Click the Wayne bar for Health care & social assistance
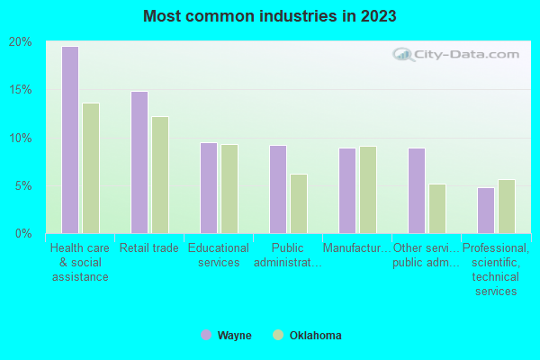[x=69, y=139]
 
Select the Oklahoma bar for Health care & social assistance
[x=91, y=168]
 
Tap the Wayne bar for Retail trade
[x=139, y=162]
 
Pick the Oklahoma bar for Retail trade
[x=160, y=175]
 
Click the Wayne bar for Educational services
[x=208, y=188]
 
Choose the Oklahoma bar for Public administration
[x=299, y=203]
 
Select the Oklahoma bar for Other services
[x=437, y=209]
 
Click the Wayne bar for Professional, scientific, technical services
[x=485, y=211]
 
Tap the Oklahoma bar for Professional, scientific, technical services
[x=507, y=206]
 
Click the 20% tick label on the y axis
[x=21, y=42]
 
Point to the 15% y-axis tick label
[x=21, y=90]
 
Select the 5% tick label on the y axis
[x=23, y=186]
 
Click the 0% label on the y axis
[x=23, y=234]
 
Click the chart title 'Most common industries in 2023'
[x=269, y=16]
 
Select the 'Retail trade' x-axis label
[x=149, y=247]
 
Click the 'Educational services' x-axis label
[x=219, y=255]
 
